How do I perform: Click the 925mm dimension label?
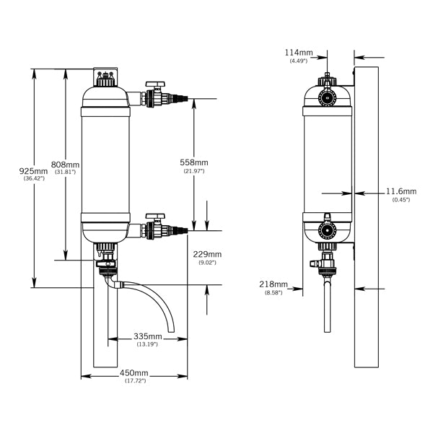[33, 170]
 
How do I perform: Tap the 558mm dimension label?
[193, 162]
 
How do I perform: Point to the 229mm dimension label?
[207, 254]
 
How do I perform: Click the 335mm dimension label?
[146, 336]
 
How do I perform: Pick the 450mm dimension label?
[134, 372]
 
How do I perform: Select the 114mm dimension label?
[298, 53]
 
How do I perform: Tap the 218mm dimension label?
[272, 285]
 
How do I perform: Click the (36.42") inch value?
[34, 178]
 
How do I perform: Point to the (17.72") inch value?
[134, 380]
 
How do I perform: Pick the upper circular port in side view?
[328, 97]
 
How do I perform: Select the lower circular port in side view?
[328, 232]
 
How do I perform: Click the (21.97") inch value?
[193, 170]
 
